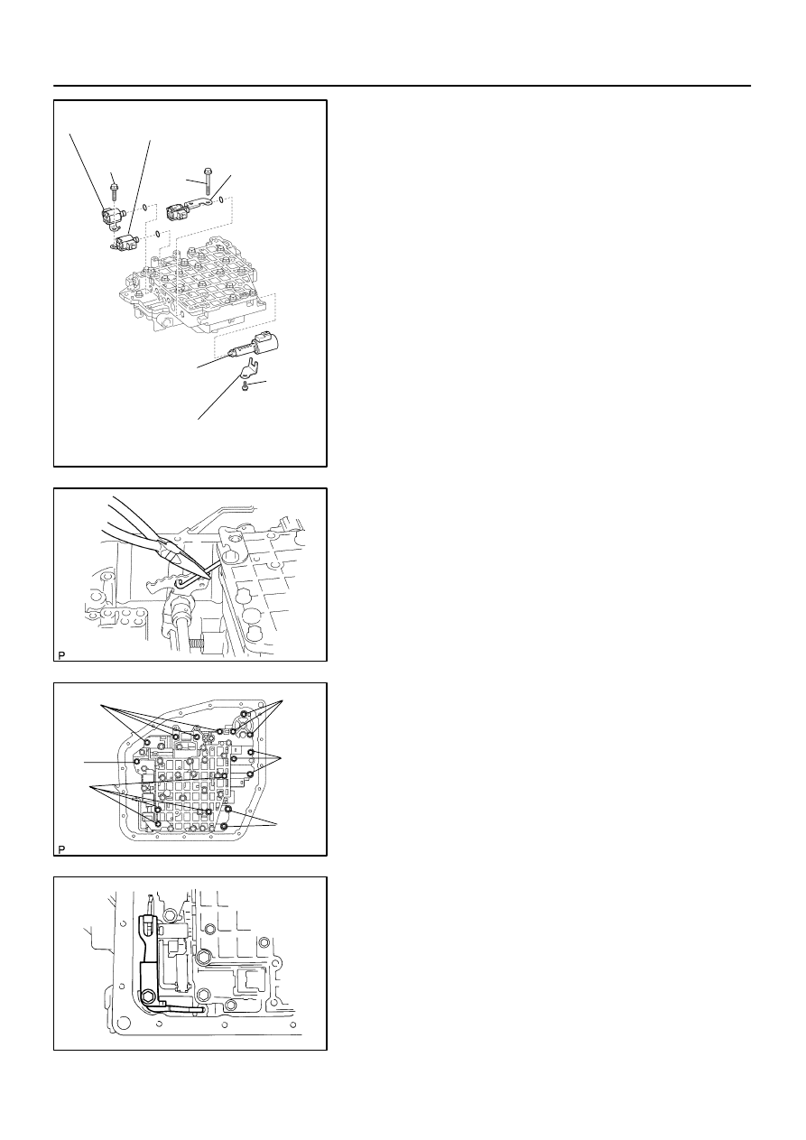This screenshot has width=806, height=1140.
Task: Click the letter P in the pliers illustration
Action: [61, 655]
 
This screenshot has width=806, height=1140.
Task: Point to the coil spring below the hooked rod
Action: [195, 644]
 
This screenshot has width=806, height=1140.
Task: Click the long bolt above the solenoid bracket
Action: [207, 181]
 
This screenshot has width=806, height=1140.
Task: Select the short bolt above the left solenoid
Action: [114, 191]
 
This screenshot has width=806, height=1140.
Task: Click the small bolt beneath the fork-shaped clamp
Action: [246, 386]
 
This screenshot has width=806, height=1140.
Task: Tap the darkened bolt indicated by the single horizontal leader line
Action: [137, 762]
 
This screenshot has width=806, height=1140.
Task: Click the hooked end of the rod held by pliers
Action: [180, 580]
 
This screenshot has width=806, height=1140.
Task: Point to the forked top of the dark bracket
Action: [147, 922]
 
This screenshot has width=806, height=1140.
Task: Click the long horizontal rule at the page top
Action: [402, 86]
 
